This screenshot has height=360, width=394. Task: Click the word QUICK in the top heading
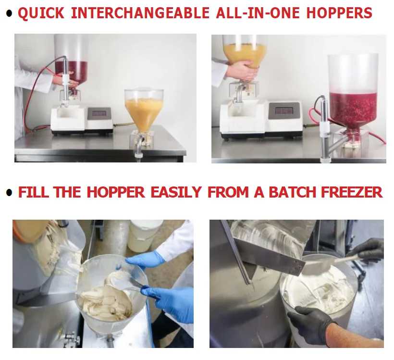pos(41,13)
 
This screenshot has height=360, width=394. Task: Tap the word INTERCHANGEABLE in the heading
pos(140,13)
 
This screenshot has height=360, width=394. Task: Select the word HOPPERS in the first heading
pos(339,13)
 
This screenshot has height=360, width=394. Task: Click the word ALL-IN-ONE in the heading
pos(258,13)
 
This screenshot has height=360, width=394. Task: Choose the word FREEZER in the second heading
pos(352,192)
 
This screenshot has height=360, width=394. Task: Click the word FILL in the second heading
pos(34,192)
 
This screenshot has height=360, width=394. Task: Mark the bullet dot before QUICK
pos(9,13)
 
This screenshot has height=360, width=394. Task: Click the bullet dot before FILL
pos(9,193)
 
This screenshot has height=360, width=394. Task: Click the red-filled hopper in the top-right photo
pos(353,93)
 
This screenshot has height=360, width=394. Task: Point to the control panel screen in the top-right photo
pos(284,110)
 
